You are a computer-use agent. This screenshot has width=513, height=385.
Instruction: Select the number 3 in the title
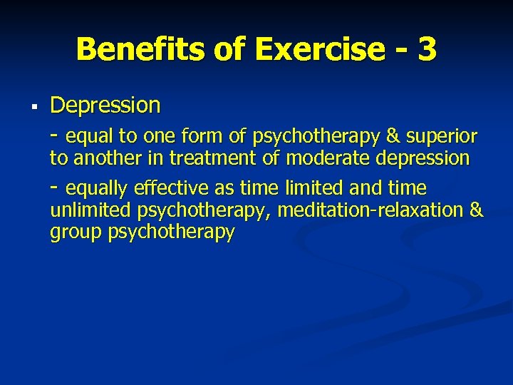(427, 49)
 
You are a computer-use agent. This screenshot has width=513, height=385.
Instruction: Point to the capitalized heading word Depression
(105, 106)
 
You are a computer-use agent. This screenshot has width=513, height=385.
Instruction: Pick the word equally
(97, 188)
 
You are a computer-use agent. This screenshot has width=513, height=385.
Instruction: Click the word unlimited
(91, 210)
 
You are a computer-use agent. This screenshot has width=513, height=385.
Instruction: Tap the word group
(76, 232)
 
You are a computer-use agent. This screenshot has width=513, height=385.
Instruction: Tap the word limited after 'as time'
(309, 188)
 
